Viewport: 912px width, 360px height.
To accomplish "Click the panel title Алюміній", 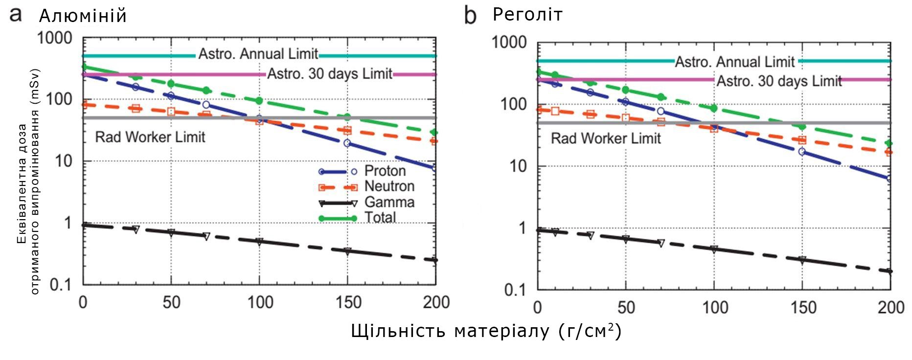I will [x=83, y=16].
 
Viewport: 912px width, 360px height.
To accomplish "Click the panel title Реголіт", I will [x=527, y=15].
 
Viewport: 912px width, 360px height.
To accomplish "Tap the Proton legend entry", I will [x=385, y=171].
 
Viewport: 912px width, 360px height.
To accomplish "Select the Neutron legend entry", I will [x=389, y=186].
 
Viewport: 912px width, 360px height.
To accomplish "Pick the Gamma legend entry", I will [x=389, y=202].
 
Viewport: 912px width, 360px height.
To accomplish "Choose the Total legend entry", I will [x=380, y=217].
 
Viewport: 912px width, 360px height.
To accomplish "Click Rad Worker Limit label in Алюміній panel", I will [x=150, y=137].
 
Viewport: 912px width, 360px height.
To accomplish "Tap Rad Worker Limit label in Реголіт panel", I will [x=606, y=138].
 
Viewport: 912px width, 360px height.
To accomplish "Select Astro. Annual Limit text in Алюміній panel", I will [x=258, y=54].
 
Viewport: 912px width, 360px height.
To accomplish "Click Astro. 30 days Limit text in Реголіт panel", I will [x=779, y=81].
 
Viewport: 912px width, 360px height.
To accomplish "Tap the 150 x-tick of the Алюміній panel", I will [x=348, y=302].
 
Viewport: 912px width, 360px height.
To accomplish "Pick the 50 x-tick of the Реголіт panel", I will [x=626, y=307].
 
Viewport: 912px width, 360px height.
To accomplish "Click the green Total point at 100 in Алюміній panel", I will [x=259, y=101].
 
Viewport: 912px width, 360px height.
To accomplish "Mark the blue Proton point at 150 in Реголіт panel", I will [x=802, y=152].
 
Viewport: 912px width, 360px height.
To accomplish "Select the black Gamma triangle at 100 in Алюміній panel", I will [x=259, y=241].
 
